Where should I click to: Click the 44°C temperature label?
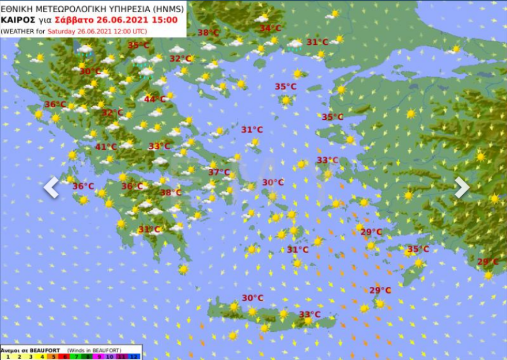154,99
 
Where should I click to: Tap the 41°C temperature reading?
106,147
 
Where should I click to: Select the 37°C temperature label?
219,172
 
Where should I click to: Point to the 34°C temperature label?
270,28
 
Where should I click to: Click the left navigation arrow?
51,187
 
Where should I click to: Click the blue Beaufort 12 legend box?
134,357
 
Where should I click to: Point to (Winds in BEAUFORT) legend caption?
94,350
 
